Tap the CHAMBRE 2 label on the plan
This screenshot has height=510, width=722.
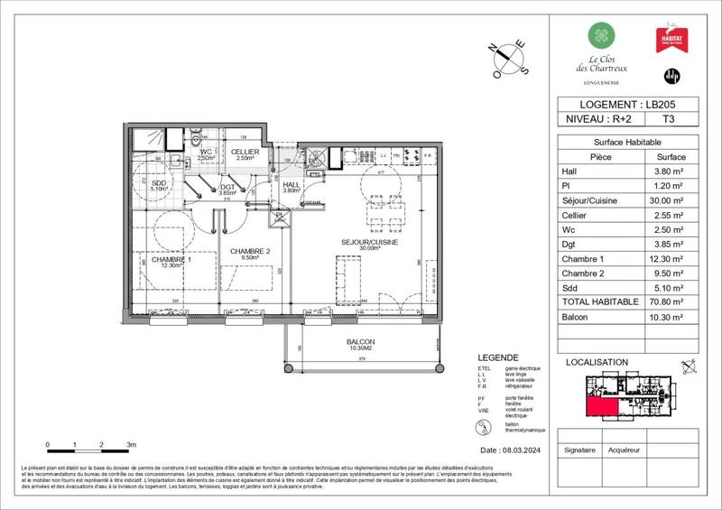[x=249, y=252]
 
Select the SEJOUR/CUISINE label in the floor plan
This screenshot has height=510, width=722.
[x=370, y=244]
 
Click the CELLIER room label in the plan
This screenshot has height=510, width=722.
[x=245, y=152]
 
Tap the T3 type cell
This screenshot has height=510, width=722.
[x=667, y=117]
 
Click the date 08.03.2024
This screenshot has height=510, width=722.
[x=511, y=450]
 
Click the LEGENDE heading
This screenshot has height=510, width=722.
[x=498, y=357]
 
